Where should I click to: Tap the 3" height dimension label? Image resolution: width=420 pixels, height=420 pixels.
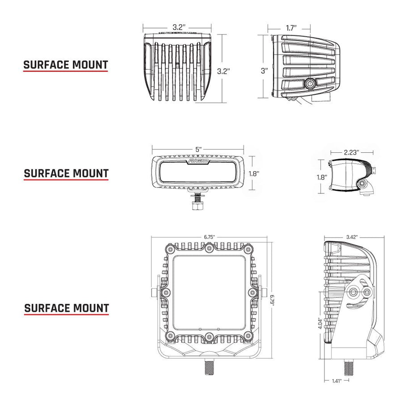tap(265, 71)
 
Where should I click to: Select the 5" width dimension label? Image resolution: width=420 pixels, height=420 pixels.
tap(198, 149)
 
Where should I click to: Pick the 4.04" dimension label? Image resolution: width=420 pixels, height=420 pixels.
tap(319, 323)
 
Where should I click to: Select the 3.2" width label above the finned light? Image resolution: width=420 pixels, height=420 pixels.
tap(178, 27)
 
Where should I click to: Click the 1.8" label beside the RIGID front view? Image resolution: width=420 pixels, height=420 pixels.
tap(254, 173)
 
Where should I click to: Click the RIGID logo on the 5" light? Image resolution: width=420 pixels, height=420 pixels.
tap(197, 160)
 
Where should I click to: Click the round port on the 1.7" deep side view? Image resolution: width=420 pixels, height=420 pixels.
tap(309, 84)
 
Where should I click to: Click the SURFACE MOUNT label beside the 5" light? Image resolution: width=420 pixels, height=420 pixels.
tap(66, 173)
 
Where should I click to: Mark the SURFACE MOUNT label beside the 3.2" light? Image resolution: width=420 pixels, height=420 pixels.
tap(66, 65)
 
